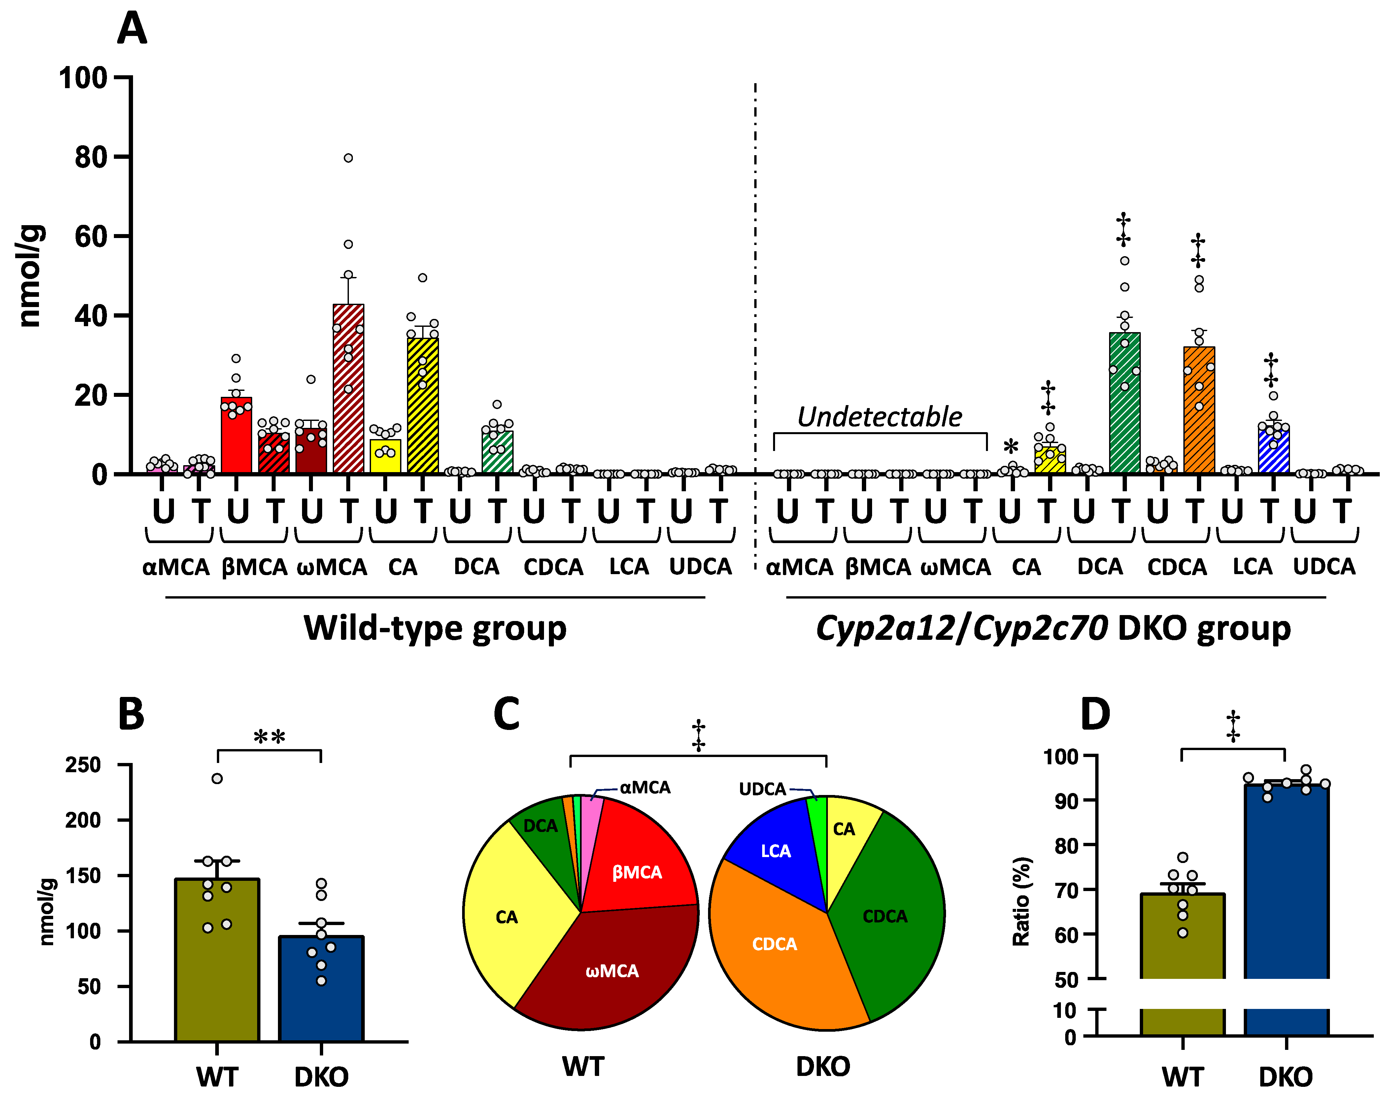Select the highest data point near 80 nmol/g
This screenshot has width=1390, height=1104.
point(348,158)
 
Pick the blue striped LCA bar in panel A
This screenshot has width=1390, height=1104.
point(1273,451)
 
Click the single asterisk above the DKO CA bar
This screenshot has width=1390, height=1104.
point(1011,447)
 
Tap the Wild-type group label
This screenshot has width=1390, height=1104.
point(435,628)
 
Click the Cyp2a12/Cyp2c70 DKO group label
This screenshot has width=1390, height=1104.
point(1053,628)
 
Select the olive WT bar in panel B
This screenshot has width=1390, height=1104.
point(217,961)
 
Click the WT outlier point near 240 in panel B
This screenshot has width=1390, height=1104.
point(217,778)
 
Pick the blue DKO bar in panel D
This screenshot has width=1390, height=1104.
point(1286,903)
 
